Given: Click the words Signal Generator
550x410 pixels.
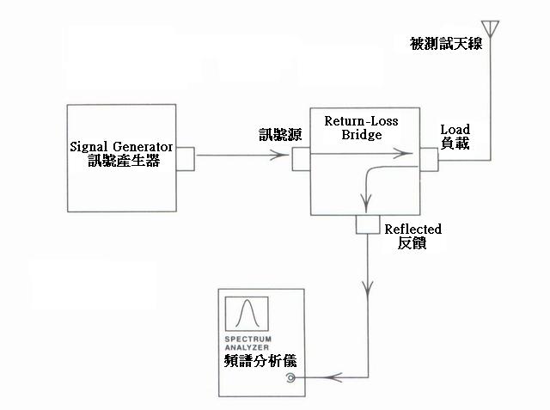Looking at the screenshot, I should [124, 145].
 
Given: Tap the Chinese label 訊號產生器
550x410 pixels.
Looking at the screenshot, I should [124, 162].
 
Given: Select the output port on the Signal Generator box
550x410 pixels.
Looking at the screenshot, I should [185, 157].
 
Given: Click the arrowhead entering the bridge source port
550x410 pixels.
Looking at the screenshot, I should [283, 156].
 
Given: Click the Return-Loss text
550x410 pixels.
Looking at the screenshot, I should [361, 122].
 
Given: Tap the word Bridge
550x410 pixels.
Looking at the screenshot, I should [361, 136].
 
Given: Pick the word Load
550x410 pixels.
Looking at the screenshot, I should [455, 130].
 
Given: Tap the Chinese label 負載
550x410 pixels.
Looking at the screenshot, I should [455, 144].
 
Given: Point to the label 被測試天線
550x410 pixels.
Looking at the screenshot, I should [446, 43].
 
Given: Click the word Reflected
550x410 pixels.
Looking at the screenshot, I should [413, 229].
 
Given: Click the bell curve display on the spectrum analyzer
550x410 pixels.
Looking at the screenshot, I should [247, 314].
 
